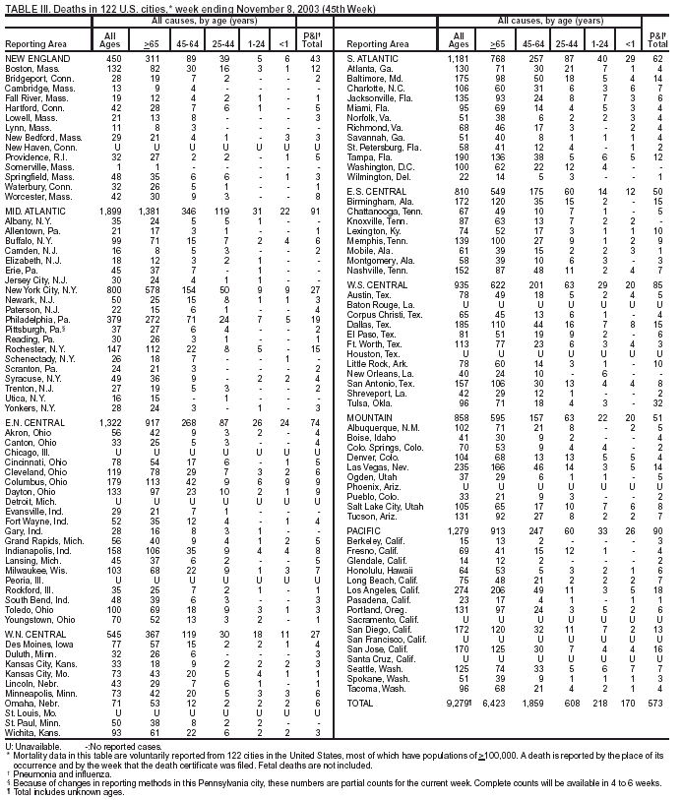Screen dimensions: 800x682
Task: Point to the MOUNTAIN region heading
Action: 369,417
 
